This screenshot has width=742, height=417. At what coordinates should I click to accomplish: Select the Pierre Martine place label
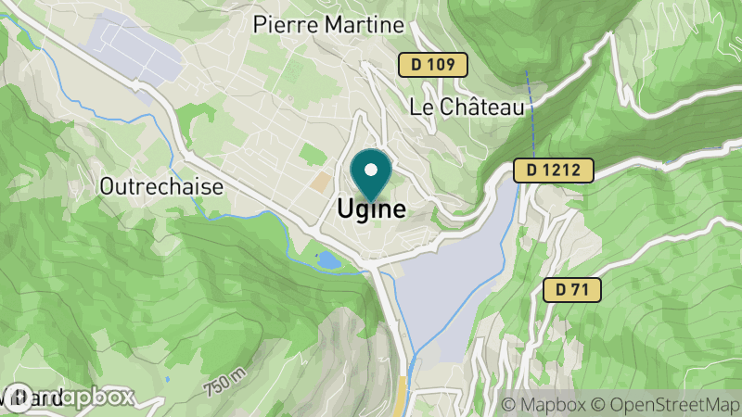pos(329,25)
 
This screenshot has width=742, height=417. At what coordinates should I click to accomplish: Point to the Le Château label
pos(467,107)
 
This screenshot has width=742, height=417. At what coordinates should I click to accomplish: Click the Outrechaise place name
pos(161,186)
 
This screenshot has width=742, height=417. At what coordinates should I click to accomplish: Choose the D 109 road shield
pos(433,65)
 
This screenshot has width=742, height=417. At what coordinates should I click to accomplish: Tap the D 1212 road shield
pos(553,170)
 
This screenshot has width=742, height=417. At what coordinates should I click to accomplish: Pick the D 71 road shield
pos(572,290)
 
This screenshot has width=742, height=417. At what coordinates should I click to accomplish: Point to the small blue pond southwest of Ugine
pos(328,260)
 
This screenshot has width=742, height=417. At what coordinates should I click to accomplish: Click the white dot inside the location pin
pos(372,170)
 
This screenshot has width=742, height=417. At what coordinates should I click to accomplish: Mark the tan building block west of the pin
pos(320,182)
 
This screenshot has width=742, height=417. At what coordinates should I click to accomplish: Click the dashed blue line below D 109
pos(531,111)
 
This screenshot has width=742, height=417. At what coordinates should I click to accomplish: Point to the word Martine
pos(360,25)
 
